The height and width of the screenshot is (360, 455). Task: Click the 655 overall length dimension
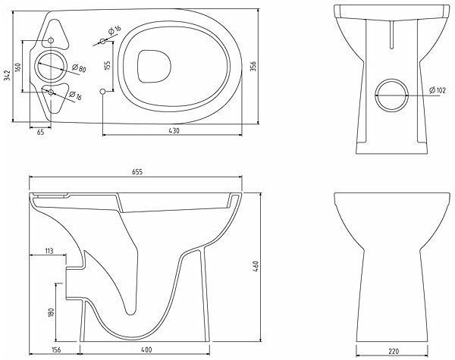(137, 172)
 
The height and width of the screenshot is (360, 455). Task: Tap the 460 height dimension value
(256, 267)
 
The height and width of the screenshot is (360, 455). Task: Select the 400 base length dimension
(147, 350)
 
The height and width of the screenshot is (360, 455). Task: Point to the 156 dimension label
(55, 350)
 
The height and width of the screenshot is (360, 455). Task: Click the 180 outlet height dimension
(52, 312)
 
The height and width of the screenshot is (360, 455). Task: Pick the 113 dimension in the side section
(49, 251)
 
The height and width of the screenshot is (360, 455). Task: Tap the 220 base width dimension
(393, 352)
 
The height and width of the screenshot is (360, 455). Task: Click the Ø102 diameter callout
(438, 90)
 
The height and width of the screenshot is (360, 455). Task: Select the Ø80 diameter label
(79, 68)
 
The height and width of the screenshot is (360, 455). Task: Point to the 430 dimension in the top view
(174, 130)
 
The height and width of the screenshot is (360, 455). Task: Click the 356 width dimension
(253, 67)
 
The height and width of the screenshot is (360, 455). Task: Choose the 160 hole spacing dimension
(17, 67)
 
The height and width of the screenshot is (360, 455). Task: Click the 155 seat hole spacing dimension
(108, 66)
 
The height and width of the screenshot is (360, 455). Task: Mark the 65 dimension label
(40, 133)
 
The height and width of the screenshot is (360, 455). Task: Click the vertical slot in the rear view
(392, 34)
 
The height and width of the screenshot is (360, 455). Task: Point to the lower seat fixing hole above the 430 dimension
(102, 92)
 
